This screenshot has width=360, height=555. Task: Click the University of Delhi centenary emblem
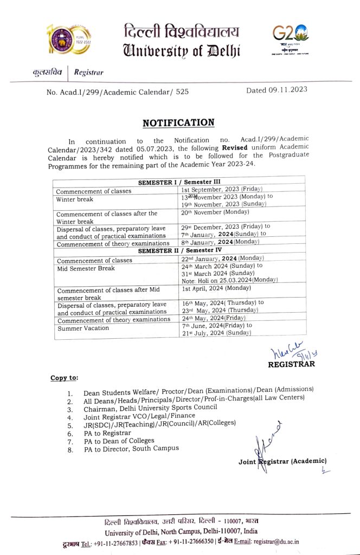pos(68,41)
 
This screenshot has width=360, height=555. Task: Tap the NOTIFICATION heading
pos(178,122)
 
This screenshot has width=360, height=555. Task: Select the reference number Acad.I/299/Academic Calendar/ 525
pos(118,92)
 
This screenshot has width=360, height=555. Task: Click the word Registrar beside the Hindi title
pos(88,72)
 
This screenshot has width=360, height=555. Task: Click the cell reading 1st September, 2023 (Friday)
pos(222,189)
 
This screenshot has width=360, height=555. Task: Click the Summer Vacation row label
pos(83,328)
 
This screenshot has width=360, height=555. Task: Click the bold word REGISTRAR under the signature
pos(291,364)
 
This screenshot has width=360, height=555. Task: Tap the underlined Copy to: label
pos(64,377)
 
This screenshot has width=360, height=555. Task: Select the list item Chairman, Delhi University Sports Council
pos(150,408)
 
